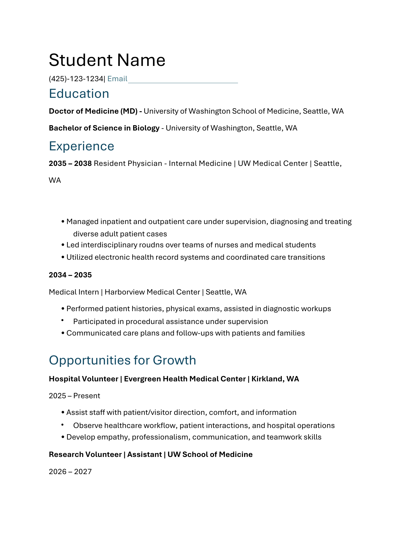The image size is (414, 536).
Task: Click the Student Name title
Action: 107,60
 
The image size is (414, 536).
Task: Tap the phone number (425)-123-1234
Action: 76,79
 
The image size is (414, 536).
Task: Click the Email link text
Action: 117,79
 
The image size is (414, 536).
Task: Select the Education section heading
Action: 79,94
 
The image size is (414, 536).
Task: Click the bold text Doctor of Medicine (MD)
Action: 93,111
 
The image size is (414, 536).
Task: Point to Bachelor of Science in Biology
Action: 104,128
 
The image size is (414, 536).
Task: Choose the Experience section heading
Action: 81,146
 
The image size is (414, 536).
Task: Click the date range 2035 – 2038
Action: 70,163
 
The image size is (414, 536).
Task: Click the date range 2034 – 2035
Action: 70,275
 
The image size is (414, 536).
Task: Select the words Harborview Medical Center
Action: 152,292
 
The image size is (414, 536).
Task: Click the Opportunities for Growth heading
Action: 122,360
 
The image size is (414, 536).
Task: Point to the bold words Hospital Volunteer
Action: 83,379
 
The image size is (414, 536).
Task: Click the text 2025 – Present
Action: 74,396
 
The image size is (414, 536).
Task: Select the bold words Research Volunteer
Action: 85,455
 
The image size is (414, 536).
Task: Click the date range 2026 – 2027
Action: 70,472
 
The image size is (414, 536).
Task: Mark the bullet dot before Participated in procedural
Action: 62,320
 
